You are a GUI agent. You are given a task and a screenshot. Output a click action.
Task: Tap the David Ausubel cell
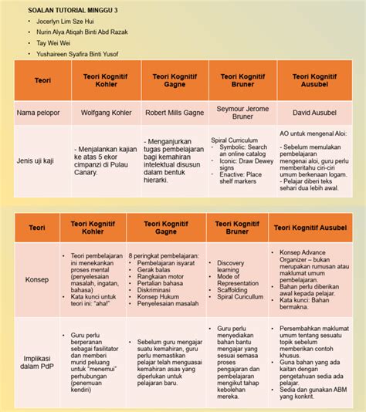[x=313, y=112]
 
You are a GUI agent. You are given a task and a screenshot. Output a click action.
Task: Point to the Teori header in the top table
[x=42, y=80]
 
